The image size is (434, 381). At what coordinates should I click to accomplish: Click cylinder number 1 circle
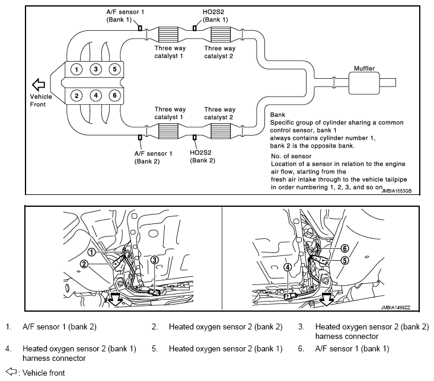click(76, 69)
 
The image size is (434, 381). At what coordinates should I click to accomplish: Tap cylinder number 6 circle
click(114, 95)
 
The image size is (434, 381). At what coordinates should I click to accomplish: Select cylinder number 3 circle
click(95, 69)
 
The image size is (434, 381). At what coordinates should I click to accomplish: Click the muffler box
click(364, 82)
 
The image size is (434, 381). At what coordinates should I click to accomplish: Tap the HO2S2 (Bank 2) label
click(202, 156)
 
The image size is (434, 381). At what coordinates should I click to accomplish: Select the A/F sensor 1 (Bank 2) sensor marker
click(139, 137)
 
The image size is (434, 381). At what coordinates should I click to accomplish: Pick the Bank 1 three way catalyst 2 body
click(219, 33)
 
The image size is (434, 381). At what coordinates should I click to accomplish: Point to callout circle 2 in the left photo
click(85, 264)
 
